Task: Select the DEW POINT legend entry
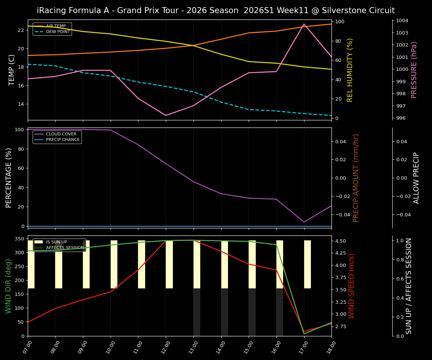click(58, 32)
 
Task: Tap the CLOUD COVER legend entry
click(61, 134)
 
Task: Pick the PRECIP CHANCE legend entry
click(63, 140)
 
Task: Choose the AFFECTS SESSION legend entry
click(65, 248)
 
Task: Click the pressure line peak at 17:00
click(304, 24)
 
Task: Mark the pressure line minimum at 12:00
click(166, 115)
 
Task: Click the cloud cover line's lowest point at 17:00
click(304, 222)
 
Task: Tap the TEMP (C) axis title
click(12, 70)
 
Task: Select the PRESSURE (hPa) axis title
click(414, 70)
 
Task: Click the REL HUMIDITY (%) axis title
click(350, 70)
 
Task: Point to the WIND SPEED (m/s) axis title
click(351, 286)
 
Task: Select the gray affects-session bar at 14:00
click(224, 312)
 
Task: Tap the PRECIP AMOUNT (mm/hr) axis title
click(356, 178)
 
